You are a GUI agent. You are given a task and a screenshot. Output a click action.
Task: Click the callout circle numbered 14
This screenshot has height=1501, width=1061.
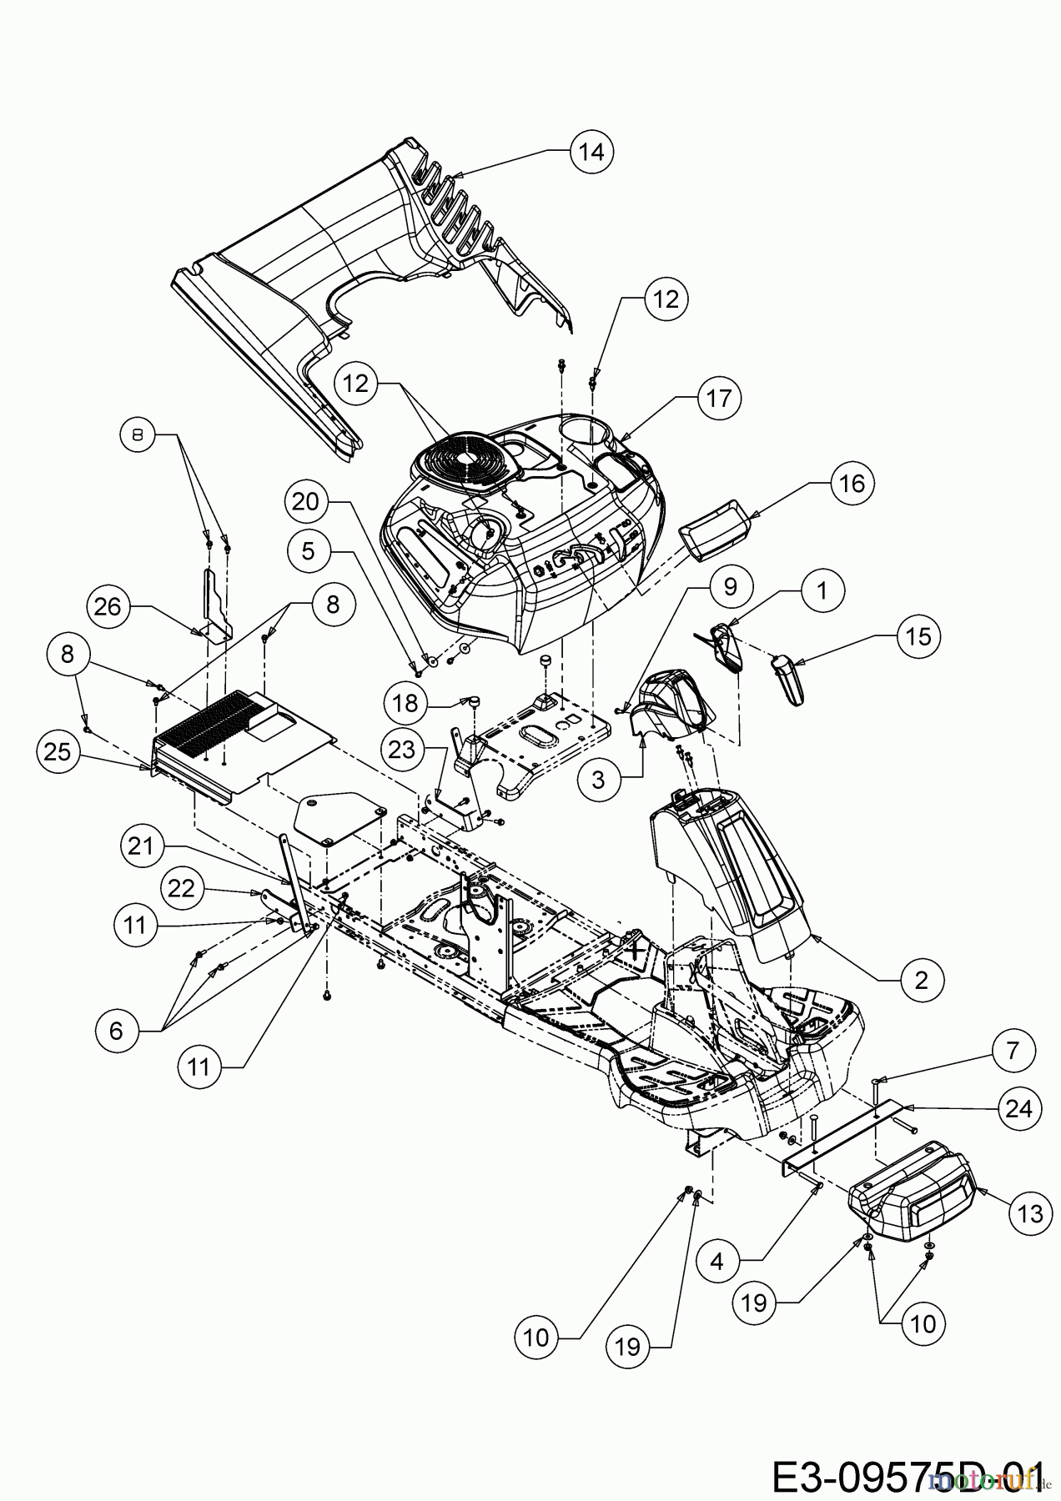pyautogui.click(x=591, y=153)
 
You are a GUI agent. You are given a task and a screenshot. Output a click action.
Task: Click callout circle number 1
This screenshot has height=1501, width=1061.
pyautogui.click(x=822, y=591)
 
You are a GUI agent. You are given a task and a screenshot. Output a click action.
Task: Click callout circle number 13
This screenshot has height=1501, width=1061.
pyautogui.click(x=1030, y=1213)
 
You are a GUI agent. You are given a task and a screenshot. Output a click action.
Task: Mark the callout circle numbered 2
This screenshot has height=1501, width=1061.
pyautogui.click(x=921, y=979)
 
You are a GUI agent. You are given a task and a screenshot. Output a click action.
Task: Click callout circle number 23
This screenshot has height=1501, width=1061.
pyautogui.click(x=402, y=750)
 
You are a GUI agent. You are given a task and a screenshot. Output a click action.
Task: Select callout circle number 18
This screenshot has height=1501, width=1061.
pyautogui.click(x=405, y=703)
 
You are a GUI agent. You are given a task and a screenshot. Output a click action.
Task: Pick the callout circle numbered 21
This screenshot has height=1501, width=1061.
pyautogui.click(x=143, y=846)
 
